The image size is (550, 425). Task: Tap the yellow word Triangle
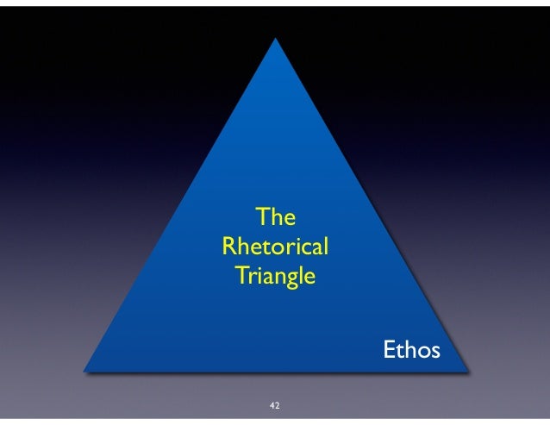pyautogui.click(x=275, y=278)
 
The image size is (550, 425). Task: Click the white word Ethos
pyautogui.click(x=411, y=352)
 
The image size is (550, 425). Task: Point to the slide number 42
pyautogui.click(x=275, y=404)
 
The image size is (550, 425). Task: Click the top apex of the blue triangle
pyautogui.click(x=277, y=39)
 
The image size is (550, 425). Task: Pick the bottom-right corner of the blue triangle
pyautogui.click(x=470, y=372)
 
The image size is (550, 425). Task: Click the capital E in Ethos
pyautogui.click(x=389, y=352)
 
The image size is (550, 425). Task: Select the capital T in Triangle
pyautogui.click(x=241, y=278)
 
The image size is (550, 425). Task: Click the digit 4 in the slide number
pyautogui.click(x=272, y=404)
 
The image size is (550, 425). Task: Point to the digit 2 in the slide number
pyautogui.click(x=278, y=404)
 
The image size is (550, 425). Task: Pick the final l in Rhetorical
pyautogui.click(x=324, y=246)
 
